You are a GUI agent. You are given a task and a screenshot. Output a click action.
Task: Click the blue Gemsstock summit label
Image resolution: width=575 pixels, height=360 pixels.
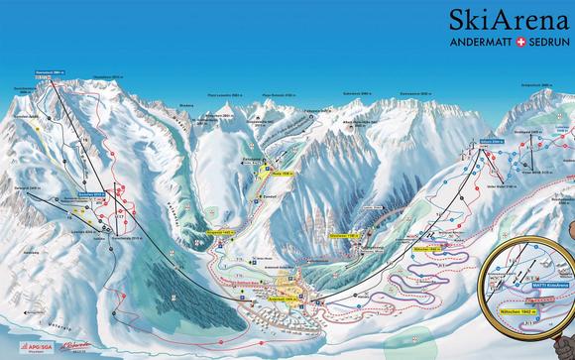tap(50, 72)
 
